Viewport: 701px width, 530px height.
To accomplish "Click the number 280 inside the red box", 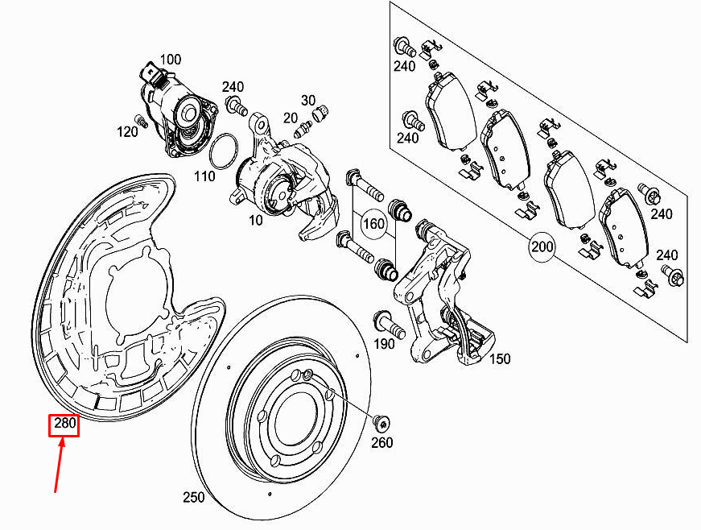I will point(64,424).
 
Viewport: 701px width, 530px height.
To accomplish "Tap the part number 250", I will point(194,498).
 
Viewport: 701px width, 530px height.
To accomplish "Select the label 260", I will point(381,443).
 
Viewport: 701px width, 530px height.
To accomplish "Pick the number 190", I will point(384,344).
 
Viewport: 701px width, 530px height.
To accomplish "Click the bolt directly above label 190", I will point(388,325).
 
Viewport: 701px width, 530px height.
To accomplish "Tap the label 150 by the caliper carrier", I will point(499,359).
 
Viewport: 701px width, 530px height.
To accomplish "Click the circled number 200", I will point(543,246).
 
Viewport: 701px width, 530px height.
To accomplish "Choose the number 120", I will point(127,131).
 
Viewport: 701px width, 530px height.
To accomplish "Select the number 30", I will point(309,100).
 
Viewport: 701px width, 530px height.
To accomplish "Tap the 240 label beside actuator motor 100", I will point(233,87).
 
